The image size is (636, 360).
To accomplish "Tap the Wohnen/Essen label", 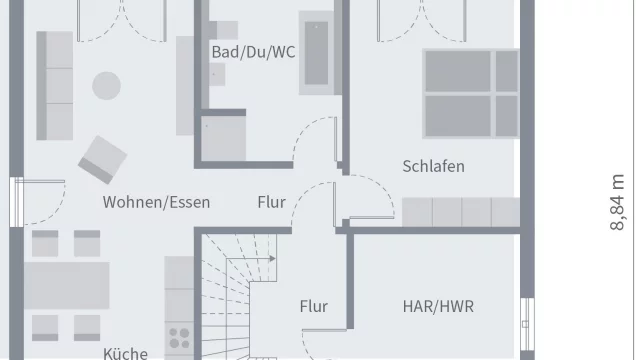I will (x=156, y=202).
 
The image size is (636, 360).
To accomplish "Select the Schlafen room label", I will (x=433, y=166).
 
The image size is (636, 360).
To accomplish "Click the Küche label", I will (x=125, y=353).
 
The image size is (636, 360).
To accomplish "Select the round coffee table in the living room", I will (x=105, y=87).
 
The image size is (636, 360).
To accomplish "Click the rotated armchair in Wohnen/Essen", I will (x=103, y=157).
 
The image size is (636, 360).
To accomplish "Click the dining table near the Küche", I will (x=67, y=286).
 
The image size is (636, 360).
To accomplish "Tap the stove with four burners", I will (x=180, y=338).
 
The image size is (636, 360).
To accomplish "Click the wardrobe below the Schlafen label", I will (x=460, y=212).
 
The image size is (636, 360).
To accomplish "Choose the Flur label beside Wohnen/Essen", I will (x=271, y=202).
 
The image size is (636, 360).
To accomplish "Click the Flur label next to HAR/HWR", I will (x=313, y=307).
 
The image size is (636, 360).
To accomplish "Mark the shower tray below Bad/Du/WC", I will (x=224, y=138).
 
